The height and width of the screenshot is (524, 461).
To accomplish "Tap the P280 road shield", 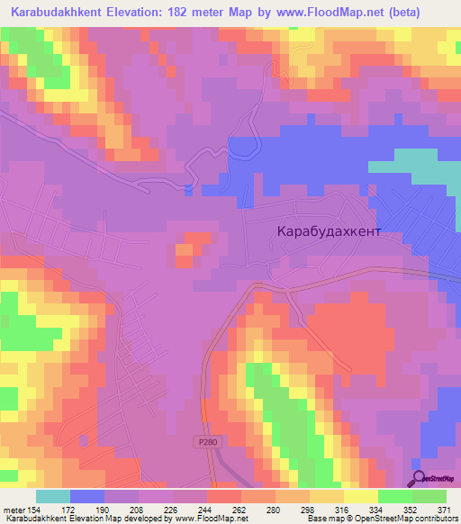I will tap(206, 442).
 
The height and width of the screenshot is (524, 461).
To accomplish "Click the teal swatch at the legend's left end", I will tap(52, 496).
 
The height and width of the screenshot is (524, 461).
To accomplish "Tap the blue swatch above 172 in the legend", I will tap(86, 496).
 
